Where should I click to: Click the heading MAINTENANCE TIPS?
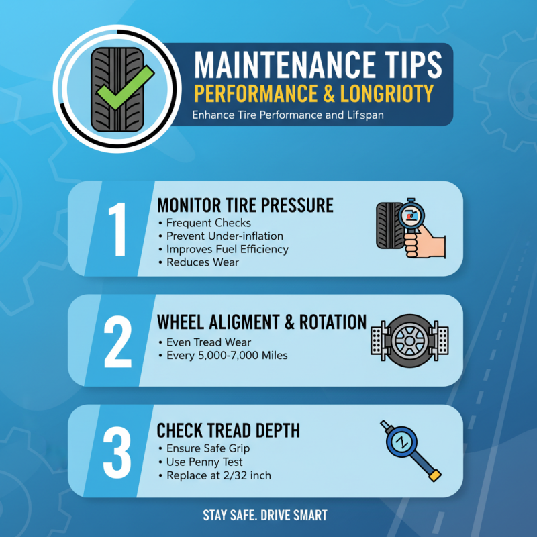point(318,65)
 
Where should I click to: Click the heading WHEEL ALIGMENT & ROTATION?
point(262,322)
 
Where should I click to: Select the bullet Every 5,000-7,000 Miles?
point(227,355)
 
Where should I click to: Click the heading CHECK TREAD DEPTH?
point(228,430)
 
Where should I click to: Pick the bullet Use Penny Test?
point(205,462)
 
